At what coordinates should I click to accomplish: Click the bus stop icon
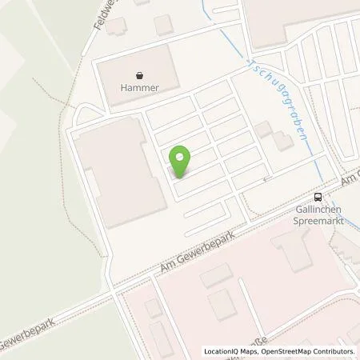pos(319,198)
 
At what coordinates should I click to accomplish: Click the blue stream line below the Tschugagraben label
pos(313,152)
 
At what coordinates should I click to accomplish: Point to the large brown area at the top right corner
pos(296,20)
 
